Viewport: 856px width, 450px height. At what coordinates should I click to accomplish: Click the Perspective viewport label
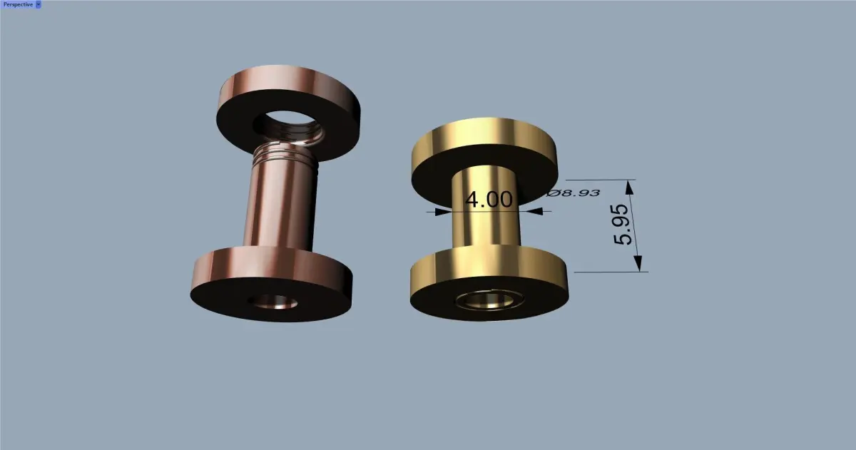[18, 4]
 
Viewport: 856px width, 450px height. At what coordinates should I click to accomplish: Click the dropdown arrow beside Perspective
[39, 4]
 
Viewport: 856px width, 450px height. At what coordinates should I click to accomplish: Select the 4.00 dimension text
[489, 200]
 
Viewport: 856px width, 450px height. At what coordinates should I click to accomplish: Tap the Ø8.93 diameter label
[573, 193]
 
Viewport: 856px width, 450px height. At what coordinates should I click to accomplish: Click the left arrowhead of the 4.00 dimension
[442, 212]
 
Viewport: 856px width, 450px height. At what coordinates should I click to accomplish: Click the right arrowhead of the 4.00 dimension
[534, 211]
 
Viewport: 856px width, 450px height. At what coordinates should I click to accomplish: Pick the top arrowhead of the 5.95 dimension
[630, 188]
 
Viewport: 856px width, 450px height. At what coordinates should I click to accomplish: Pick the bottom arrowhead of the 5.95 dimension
[638, 264]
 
